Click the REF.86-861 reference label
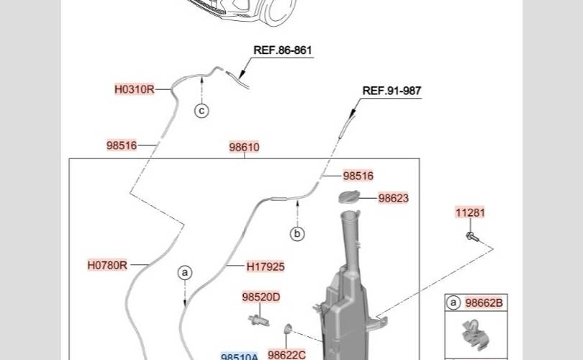(283, 51)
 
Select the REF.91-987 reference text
(392, 91)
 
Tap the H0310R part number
(134, 90)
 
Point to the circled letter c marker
(202, 111)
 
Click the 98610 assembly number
(244, 148)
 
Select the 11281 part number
(470, 212)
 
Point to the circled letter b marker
(297, 234)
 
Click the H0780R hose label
(107, 265)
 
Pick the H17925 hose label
(266, 267)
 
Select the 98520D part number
(261, 297)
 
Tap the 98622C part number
(286, 355)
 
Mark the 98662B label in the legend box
(484, 303)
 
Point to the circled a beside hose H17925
(185, 273)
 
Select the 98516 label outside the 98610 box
(122, 145)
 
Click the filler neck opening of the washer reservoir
(349, 212)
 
